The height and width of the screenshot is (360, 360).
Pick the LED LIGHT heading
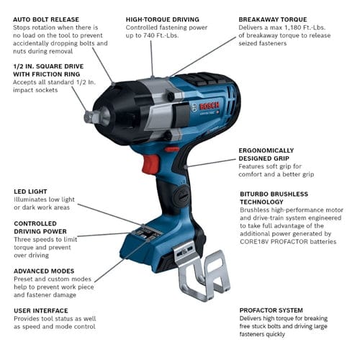point(30,192)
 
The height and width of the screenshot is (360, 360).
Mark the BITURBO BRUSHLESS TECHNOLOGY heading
point(274,199)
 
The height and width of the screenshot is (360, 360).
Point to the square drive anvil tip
point(89,117)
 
